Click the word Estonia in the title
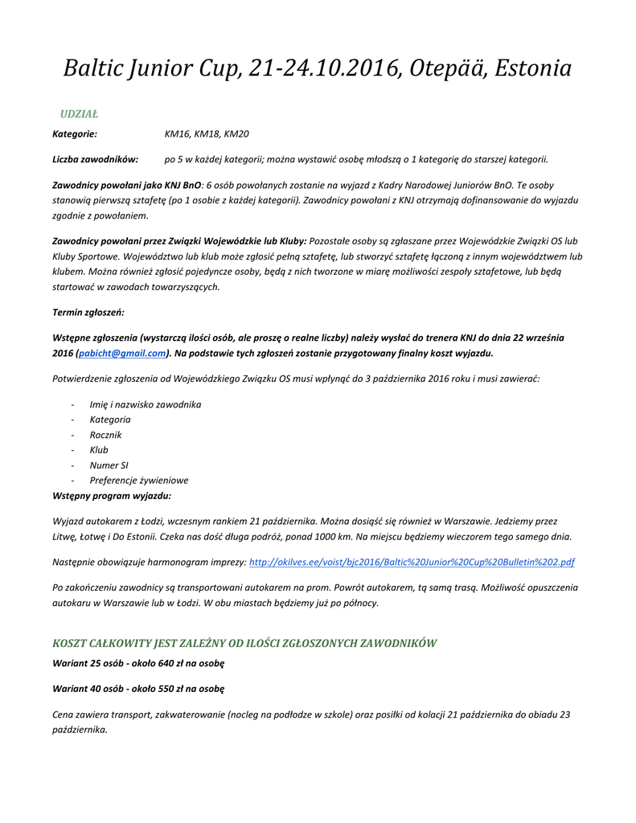pyautogui.click(x=533, y=69)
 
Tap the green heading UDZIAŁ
pyautogui.click(x=79, y=114)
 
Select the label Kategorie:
pyautogui.click(x=75, y=134)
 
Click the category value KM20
pyautogui.click(x=236, y=134)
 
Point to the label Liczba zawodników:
pyautogui.click(x=96, y=160)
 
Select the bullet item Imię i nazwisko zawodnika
pyautogui.click(x=146, y=404)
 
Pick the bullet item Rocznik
pyautogui.click(x=106, y=435)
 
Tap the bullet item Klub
pyautogui.click(x=99, y=450)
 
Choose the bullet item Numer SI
pyautogui.click(x=109, y=465)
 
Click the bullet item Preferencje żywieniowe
pyautogui.click(x=139, y=481)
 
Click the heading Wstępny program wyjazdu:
pyautogui.click(x=112, y=496)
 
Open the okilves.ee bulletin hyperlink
pyautogui.click(x=412, y=563)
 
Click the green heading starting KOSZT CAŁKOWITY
pyautogui.click(x=244, y=643)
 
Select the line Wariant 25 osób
pyautogui.click(x=138, y=664)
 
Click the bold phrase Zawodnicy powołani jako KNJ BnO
pyautogui.click(x=127, y=186)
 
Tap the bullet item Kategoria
pyautogui.click(x=110, y=420)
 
